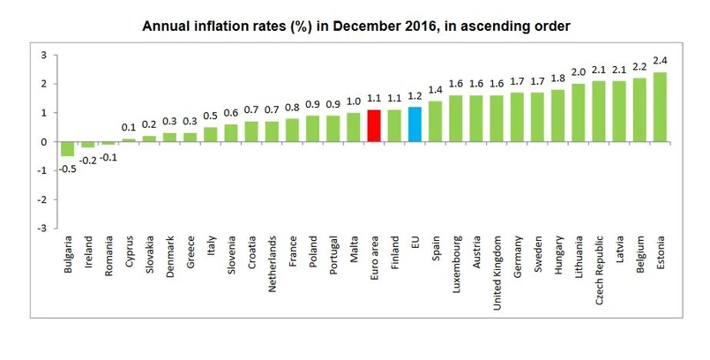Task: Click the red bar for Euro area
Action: coord(372,125)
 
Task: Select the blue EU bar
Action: coord(415,124)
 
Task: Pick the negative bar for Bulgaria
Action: coord(67,149)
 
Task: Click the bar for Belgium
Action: coord(639,109)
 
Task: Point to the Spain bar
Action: coord(435,121)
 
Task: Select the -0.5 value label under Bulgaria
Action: coord(67,169)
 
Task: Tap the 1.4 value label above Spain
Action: coord(435,90)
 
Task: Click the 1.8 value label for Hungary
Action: coord(558,79)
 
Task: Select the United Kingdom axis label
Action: coord(497,266)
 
